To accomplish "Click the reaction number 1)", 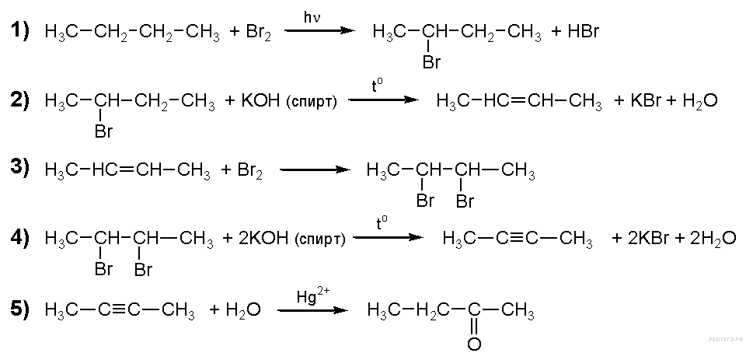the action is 19,31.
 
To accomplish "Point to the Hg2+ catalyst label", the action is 313,295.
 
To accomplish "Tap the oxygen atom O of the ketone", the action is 474,343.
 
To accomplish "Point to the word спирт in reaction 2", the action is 312,103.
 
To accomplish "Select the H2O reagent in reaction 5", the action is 242,311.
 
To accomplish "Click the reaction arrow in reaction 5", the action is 313,311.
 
